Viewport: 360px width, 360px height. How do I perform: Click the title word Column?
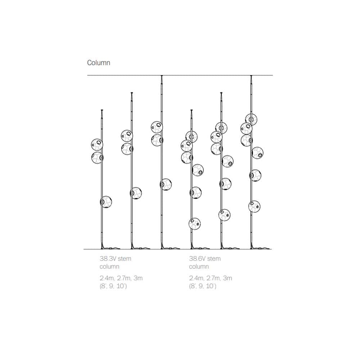click(x=98, y=63)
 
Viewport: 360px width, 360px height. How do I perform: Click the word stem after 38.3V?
click(x=124, y=258)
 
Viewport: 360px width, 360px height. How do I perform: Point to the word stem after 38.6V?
click(x=214, y=258)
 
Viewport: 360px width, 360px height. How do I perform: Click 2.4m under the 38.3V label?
click(x=107, y=278)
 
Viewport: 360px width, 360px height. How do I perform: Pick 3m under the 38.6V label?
click(x=228, y=278)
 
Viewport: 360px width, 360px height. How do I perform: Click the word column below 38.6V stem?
click(x=199, y=267)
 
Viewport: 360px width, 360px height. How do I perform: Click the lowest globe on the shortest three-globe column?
click(x=105, y=202)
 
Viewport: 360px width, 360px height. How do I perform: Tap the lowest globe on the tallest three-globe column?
click(x=166, y=184)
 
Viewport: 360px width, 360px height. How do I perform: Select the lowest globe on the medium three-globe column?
click(x=136, y=193)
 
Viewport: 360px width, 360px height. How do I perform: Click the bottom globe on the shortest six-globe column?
click(x=194, y=224)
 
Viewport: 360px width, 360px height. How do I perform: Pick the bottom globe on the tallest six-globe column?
click(x=254, y=206)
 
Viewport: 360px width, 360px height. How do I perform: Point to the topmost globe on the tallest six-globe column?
click(x=251, y=119)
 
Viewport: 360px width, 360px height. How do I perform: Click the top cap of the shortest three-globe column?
click(x=102, y=110)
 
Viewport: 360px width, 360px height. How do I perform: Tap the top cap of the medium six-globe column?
click(x=221, y=93)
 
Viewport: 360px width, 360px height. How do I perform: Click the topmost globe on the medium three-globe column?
click(x=127, y=136)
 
